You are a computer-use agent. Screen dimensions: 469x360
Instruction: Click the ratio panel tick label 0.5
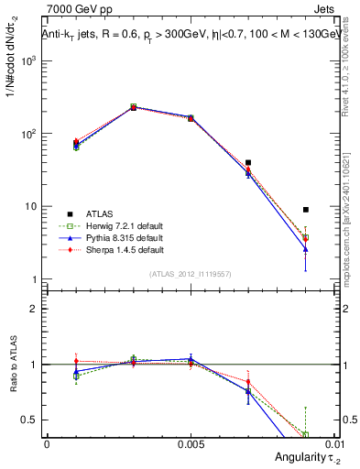pos(30,420)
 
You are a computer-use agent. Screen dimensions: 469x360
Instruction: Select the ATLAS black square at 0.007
pos(248,162)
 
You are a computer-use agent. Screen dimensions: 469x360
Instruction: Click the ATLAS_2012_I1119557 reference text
pos(191,274)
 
